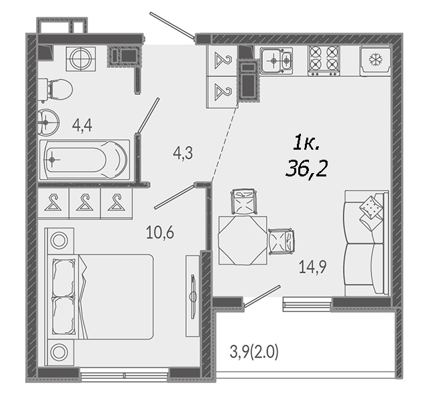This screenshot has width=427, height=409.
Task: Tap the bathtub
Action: tap(85, 160)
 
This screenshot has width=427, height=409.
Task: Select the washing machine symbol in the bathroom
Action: tap(81, 59)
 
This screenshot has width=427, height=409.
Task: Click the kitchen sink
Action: tap(276, 61)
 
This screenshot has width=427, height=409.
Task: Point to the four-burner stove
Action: tap(324, 61)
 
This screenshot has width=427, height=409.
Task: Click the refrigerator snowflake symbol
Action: tap(376, 59)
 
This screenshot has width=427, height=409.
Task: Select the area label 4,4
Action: tap(82, 126)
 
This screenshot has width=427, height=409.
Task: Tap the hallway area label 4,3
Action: tap(183, 153)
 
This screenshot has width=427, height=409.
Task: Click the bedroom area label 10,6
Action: tap(160, 233)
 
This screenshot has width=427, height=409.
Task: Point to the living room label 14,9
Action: tap(312, 267)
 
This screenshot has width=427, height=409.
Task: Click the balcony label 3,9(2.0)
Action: tap(254, 352)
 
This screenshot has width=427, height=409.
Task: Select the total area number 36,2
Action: tap(306, 168)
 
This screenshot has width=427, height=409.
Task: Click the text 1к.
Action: tap(307, 144)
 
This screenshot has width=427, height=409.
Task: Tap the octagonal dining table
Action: tap(243, 240)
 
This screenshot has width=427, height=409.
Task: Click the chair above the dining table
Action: tap(244, 202)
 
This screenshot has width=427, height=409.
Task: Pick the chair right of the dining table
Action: tap(282, 241)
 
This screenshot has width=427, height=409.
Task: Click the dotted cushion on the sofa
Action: tap(370, 207)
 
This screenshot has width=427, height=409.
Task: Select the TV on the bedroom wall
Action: tap(193, 296)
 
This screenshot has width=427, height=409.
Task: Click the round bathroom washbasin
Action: tap(48, 122)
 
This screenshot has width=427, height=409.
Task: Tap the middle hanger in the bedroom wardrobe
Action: tap(85, 203)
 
